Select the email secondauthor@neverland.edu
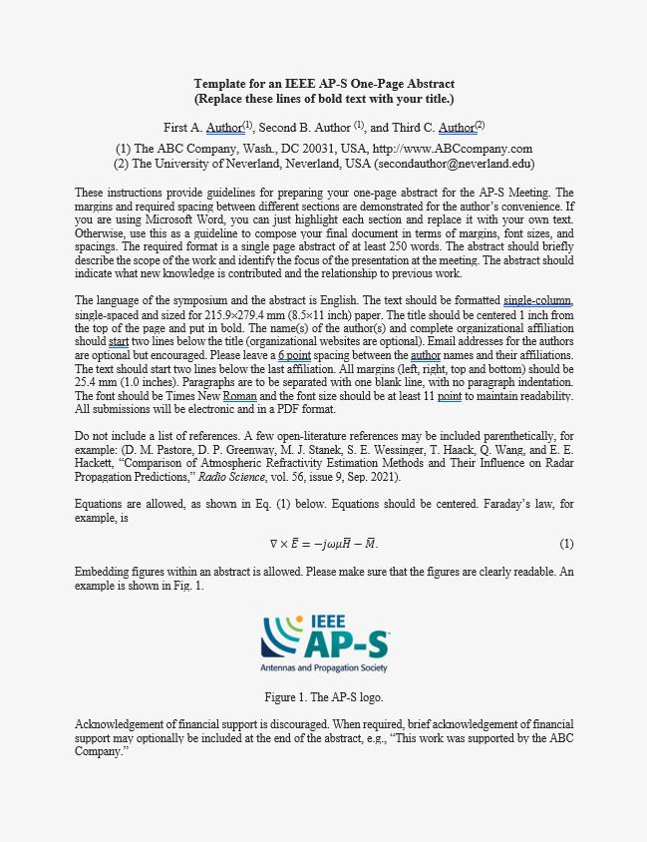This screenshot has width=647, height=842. (442, 164)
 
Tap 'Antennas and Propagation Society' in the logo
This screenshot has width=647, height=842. (324, 666)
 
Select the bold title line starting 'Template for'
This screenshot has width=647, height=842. (324, 84)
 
